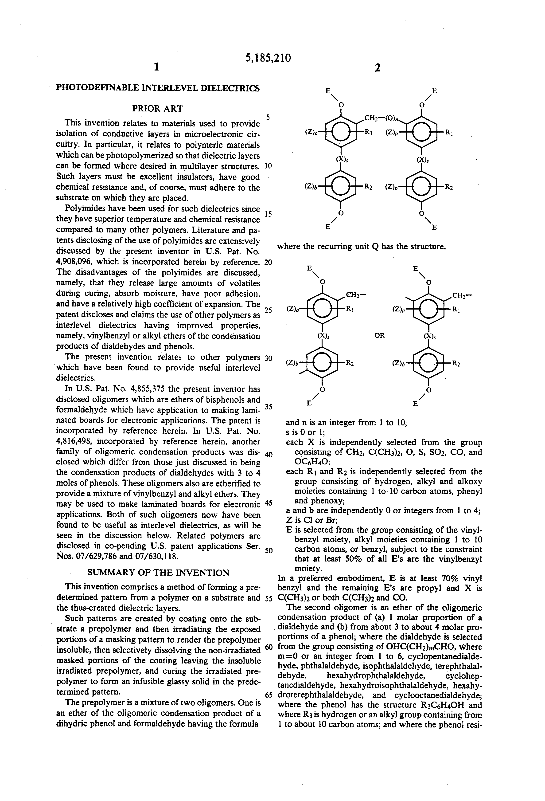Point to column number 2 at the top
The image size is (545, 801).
pyautogui.click(x=378, y=68)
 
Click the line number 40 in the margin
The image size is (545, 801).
pyautogui.click(x=269, y=455)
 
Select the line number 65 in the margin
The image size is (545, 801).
pyautogui.click(x=269, y=695)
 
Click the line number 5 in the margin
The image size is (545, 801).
pyautogui.click(x=268, y=117)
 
